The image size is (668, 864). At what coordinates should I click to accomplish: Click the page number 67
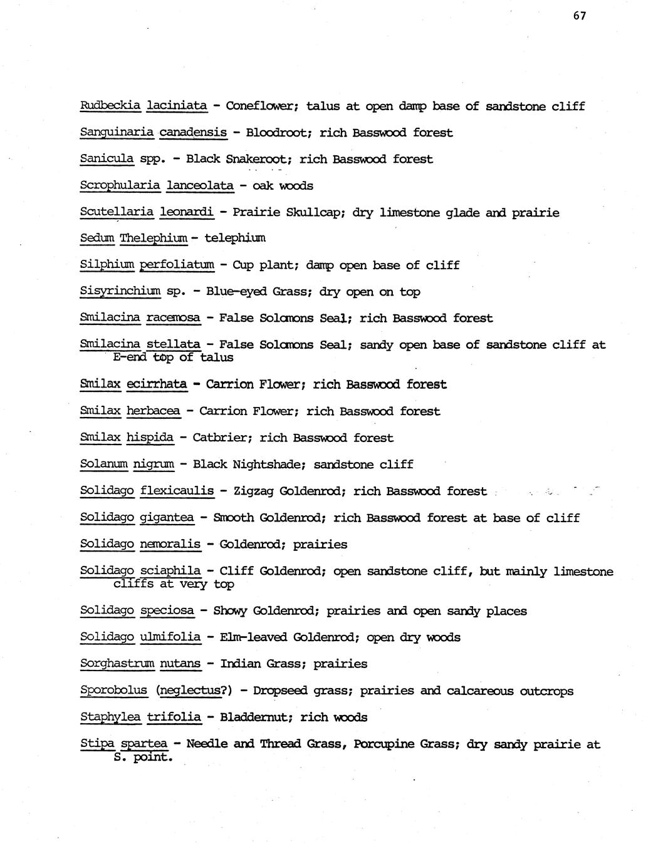579,16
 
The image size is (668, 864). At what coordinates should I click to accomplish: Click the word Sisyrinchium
120,292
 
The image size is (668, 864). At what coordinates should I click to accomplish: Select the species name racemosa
174,318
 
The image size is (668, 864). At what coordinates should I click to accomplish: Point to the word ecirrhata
157,384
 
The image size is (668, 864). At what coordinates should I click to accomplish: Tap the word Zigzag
253,491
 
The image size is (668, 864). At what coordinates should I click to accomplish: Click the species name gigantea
167,518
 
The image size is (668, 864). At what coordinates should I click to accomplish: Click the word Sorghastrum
117,664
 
